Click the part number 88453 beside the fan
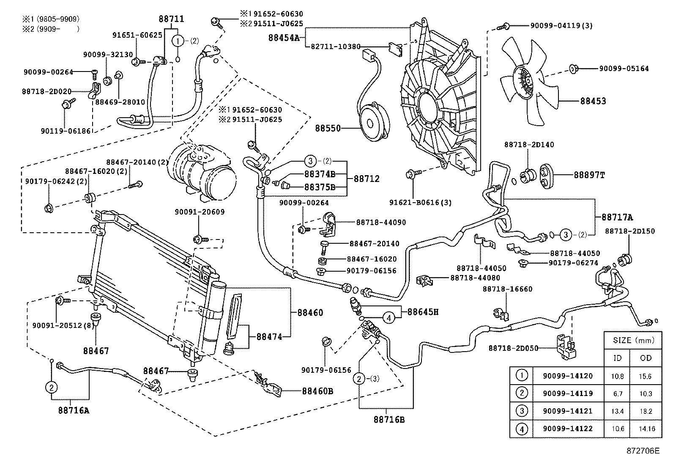(593, 101)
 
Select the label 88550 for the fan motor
(328, 127)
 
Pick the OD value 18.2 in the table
(646, 411)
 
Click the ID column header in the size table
(617, 358)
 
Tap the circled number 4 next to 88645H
(389, 316)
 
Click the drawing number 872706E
(643, 451)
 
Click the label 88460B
(317, 391)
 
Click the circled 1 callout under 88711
(178, 41)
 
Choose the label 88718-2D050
(513, 348)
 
